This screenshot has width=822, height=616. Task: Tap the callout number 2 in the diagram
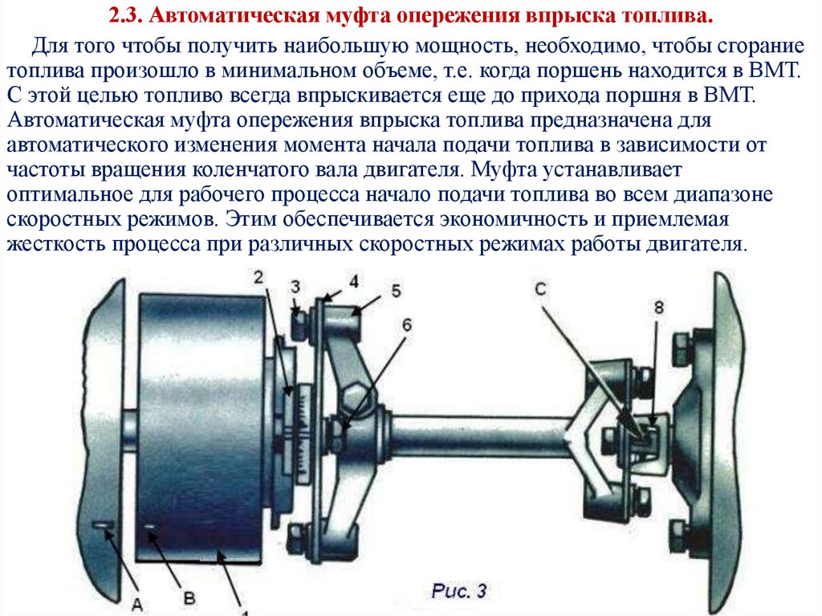(258, 276)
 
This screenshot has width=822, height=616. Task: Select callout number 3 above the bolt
(295, 287)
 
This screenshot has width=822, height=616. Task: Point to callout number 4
(354, 281)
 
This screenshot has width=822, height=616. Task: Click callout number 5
(396, 290)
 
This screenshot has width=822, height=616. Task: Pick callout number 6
(407, 325)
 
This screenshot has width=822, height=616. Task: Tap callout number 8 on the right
(659, 308)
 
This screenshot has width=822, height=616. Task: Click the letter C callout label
(540, 288)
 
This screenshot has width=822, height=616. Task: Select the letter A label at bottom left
(137, 605)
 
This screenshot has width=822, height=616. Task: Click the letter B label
(189, 598)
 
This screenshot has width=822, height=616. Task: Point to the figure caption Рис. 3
(459, 591)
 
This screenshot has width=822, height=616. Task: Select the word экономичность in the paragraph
(513, 218)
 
